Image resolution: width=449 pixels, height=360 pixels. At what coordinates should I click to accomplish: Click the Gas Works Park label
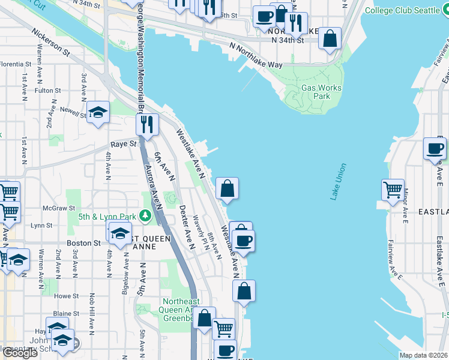pos(321,92)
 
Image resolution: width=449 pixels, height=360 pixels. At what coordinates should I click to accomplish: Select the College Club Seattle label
pos(405,11)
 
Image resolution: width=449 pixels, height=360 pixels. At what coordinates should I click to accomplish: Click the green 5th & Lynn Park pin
pos(145,215)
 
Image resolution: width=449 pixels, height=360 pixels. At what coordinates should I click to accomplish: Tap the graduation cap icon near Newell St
pos(98,112)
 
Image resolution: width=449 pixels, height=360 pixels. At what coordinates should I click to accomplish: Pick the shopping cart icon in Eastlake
pos(393,190)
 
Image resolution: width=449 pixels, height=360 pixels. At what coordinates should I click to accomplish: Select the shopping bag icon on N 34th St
pos(330,39)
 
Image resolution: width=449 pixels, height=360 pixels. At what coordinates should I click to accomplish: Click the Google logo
pos(20,353)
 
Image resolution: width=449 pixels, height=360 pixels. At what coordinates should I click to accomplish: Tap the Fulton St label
pos(45,91)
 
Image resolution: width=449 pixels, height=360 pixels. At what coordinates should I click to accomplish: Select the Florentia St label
pos(16,64)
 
